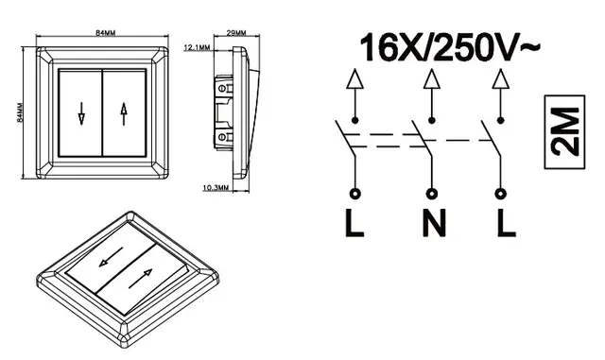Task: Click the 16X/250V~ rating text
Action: coord(450,47)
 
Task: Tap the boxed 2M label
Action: coord(565,132)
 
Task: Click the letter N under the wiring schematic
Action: coord(434,223)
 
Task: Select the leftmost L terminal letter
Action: coord(354,223)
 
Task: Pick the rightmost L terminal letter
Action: coord(506,223)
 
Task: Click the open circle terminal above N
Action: coord(432,194)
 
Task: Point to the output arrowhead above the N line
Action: coord(432,79)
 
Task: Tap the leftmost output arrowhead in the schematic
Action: coord(355,79)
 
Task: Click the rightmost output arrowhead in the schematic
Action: coord(501,79)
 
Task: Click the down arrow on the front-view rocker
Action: coord(81,113)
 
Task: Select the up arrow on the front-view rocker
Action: coord(124,113)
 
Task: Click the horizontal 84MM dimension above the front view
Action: coord(105,33)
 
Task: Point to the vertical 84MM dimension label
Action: coord(20,112)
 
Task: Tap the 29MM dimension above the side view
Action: coord(236,33)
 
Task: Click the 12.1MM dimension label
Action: coord(197,47)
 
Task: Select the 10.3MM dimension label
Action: coord(216,188)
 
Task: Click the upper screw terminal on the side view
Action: coord(222,89)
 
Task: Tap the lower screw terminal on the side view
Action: coord(222,137)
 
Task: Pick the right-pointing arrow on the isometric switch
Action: coord(140,279)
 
